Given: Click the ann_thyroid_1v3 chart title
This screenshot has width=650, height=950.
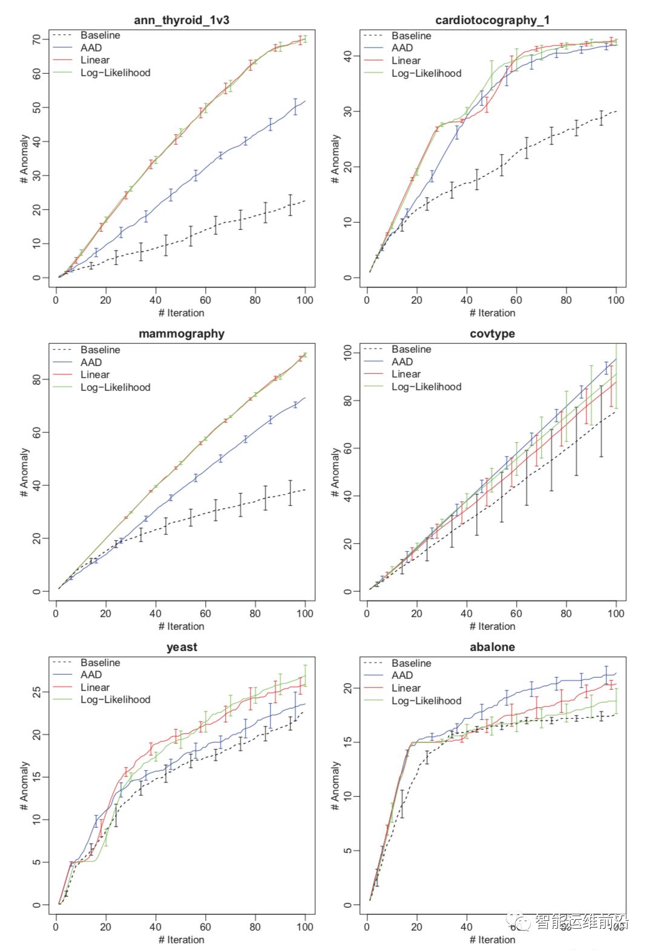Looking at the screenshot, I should (181, 20).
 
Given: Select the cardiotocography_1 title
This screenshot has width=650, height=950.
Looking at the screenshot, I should (492, 20).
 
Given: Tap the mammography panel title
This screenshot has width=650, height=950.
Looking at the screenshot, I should (181, 333).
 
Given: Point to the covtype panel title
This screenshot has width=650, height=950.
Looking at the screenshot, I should (492, 333).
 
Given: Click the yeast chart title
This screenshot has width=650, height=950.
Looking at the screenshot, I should (181, 647).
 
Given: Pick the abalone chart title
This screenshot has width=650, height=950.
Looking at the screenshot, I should (492, 647).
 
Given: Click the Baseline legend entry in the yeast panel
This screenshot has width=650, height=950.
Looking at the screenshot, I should (100, 663).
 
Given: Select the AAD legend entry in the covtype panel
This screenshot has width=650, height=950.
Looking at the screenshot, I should (402, 362).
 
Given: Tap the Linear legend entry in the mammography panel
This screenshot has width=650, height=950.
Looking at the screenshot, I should (95, 375).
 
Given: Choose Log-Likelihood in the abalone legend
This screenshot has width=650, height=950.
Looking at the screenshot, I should (426, 701).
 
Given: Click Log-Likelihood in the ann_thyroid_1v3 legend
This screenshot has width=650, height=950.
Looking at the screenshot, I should (115, 73).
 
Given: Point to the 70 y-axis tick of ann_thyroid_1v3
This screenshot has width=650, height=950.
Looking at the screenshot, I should (37, 40).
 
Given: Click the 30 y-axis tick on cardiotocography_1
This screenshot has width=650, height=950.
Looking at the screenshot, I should (348, 111).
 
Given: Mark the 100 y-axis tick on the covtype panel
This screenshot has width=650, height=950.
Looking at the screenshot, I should (348, 353).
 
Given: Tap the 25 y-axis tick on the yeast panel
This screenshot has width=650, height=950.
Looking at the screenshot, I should (37, 692).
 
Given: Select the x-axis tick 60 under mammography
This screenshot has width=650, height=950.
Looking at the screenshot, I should (205, 613).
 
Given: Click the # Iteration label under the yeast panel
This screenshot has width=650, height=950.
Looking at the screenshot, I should (181, 940).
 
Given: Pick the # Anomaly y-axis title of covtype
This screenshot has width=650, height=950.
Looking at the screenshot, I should (335, 472).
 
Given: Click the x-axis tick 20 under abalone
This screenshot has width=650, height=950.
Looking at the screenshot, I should (416, 926).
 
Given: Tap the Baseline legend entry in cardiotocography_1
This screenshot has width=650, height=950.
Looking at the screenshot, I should (411, 36).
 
